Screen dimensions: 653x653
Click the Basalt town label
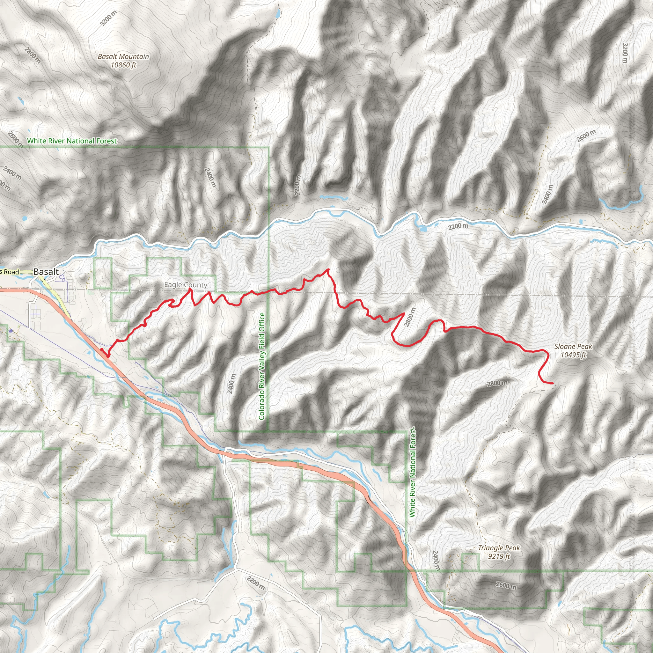[46, 272]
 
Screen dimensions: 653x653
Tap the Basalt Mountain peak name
[123, 56]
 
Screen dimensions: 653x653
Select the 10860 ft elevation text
[123, 65]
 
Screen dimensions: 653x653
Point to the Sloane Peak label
[573, 347]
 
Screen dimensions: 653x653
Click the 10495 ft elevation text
[573, 355]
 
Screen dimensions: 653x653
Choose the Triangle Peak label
[499, 548]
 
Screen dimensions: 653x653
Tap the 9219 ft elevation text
[499, 556]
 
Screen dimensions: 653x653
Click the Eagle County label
[186, 285]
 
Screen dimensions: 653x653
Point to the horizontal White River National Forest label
[72, 141]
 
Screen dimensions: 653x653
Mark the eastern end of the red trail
[553, 383]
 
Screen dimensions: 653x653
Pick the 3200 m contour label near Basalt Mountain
[108, 18]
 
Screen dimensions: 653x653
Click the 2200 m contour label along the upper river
[458, 226]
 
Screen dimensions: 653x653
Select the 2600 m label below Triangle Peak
[506, 585]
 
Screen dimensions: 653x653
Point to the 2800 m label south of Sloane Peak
[497, 383]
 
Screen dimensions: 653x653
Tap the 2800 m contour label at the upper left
[33, 55]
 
